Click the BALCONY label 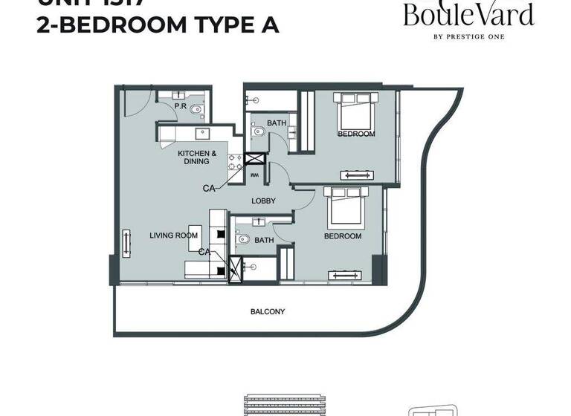tap(267, 312)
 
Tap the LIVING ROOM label tap(173, 235)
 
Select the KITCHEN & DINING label tap(197, 157)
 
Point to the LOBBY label tap(263, 201)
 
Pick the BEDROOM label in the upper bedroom tap(356, 134)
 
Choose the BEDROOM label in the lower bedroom tap(342, 236)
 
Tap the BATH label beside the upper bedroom tap(277, 123)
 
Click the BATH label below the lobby tap(264, 241)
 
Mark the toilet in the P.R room tap(196, 111)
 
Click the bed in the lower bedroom tap(344, 208)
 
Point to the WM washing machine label tap(254, 176)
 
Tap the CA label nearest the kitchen tap(209, 189)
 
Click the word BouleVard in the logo tap(468, 15)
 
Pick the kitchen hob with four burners tap(235, 163)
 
